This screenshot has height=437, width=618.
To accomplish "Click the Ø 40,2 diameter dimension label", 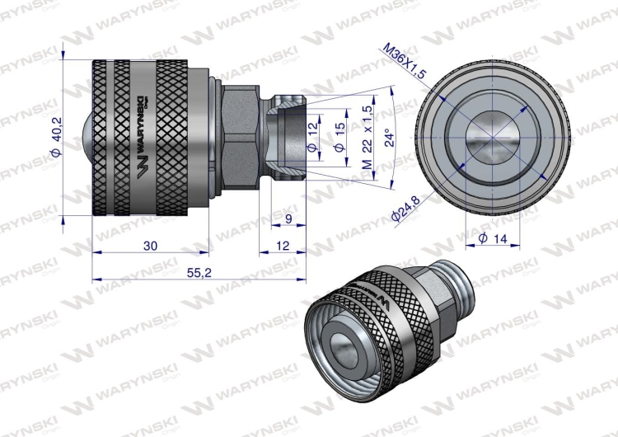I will pos(55,135).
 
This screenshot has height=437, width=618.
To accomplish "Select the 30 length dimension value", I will pos(150,245).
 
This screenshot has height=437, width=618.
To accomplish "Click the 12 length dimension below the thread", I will pos(282,245).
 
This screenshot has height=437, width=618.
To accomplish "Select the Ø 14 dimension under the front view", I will pos(491,238).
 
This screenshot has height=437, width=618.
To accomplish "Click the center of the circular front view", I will pos(492,134).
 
